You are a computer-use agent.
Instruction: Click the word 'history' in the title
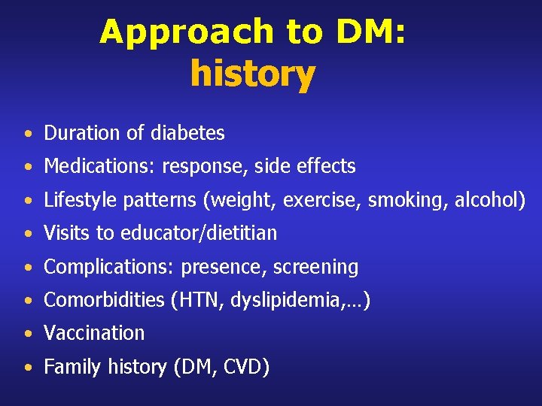coord(252,74)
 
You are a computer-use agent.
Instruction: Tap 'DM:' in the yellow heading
coord(370,32)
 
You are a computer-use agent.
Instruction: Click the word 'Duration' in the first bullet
coord(81,133)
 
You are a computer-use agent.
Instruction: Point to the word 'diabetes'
coord(187,133)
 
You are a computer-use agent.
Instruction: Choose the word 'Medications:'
coord(100,166)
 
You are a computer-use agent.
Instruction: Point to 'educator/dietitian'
coord(199,233)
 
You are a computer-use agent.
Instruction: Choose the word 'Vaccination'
coord(94,333)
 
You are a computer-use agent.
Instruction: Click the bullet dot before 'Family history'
coord(27,368)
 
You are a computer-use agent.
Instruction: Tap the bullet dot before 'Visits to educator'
coord(27,235)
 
